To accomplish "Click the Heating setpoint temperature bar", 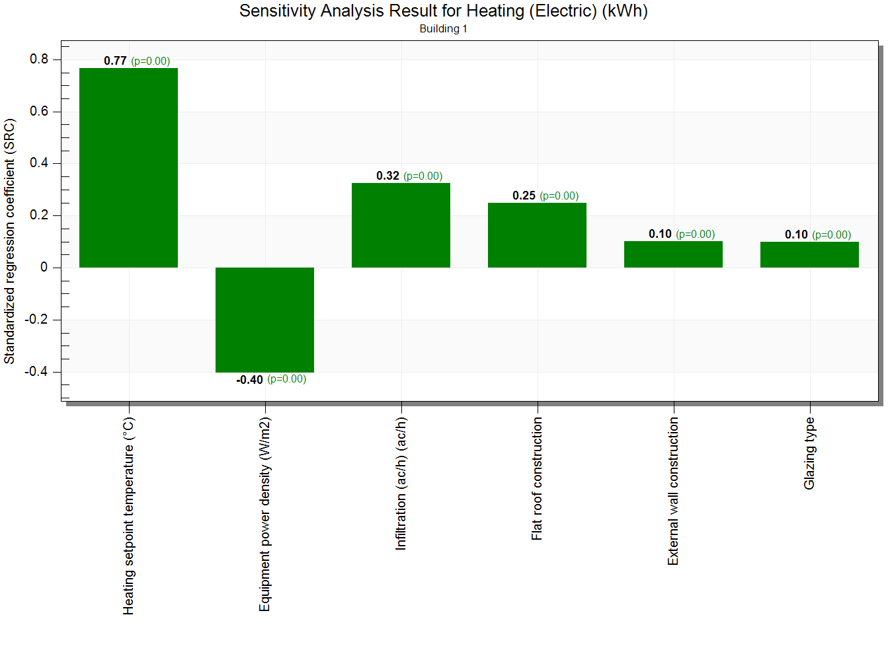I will tap(128, 168).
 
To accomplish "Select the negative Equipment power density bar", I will tap(264, 320).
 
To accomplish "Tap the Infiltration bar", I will tap(401, 225).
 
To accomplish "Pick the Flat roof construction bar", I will tap(537, 235).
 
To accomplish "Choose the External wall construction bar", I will tap(673, 254).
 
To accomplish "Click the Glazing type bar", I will tap(809, 254).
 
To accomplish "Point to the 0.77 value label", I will tap(115, 61).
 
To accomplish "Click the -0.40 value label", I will tap(250, 380).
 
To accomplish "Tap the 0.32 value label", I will tap(387, 176).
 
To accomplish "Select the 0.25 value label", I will tap(524, 196).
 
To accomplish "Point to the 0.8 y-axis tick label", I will tap(39, 59).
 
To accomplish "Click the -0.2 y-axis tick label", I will tap(36, 320).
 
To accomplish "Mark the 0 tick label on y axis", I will tap(44, 268).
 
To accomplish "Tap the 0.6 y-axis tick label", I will tap(39, 112).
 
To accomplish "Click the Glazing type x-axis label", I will tap(809, 453).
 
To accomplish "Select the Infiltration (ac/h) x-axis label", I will tap(401, 484).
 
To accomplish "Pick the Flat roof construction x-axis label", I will tap(537, 478).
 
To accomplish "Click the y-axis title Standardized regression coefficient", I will tap(9, 241).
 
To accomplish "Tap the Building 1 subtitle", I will tap(443, 28).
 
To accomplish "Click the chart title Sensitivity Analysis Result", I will tap(443, 11).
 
